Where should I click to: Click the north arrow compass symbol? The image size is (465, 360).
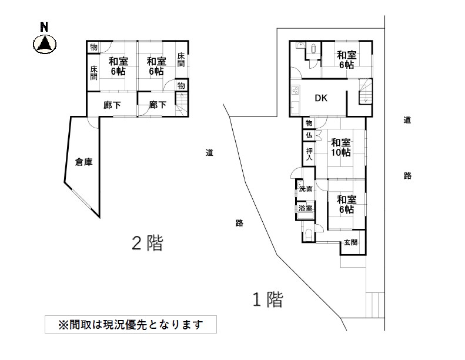click(x=45, y=42)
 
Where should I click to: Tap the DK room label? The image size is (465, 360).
click(x=321, y=98)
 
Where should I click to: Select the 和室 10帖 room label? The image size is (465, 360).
click(x=340, y=147)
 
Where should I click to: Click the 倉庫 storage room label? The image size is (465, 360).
click(x=83, y=162)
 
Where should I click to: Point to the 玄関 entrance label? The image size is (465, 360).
click(x=350, y=242)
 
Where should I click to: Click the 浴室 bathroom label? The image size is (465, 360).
click(x=305, y=209)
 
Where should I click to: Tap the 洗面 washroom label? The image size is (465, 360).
click(x=306, y=189)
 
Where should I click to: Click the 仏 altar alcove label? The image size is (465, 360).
click(x=308, y=135)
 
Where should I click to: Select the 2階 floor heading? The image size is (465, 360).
click(x=146, y=243)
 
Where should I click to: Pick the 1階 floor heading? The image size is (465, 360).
click(x=267, y=299)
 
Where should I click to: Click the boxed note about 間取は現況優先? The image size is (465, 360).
click(x=130, y=324)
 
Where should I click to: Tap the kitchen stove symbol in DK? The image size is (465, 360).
click(x=294, y=91)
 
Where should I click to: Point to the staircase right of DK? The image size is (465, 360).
click(x=366, y=92)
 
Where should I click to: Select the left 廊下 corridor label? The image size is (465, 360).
click(x=112, y=105)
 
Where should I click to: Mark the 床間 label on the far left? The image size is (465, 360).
click(x=93, y=73)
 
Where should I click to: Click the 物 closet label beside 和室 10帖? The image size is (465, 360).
click(x=308, y=123)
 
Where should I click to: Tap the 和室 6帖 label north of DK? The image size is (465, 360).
click(x=346, y=59)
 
